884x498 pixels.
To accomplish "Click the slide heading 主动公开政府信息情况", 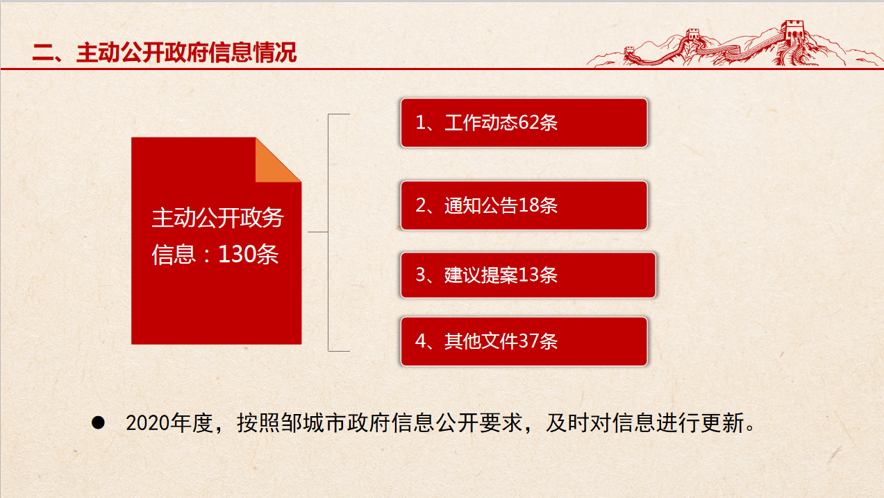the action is click(186, 53).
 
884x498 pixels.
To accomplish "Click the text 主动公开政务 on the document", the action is click(218, 217).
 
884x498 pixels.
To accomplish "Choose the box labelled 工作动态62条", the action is click(524, 123).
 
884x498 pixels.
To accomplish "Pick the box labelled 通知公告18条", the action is click(524, 205).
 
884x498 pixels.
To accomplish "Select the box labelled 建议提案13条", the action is click(528, 275).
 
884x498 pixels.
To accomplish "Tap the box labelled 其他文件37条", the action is click(524, 341).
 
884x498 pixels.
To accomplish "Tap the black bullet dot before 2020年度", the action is click(98, 422).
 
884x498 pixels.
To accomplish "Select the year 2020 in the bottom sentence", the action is click(148, 423).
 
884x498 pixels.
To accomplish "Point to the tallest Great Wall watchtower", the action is click(792, 31).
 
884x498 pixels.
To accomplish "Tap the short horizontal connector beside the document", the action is click(317, 232).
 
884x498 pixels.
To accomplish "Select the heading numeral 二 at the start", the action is click(44, 53).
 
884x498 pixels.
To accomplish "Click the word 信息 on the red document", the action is click(174, 255).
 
